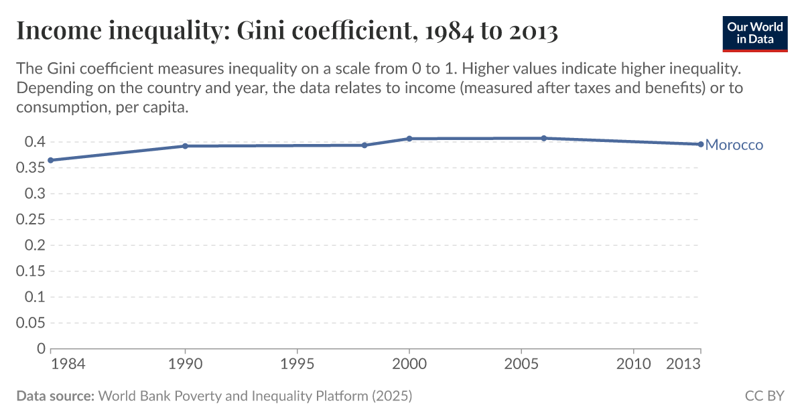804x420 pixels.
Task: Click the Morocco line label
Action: (734, 145)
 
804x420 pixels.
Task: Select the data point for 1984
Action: (51, 160)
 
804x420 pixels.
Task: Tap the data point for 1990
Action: (185, 146)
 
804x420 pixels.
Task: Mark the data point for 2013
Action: (700, 144)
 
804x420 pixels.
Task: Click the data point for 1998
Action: (364, 145)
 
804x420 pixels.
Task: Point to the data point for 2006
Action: (543, 139)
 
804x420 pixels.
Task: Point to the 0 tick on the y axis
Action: (40, 349)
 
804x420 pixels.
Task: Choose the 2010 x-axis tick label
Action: (632, 364)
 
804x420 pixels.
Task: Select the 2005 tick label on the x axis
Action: (521, 364)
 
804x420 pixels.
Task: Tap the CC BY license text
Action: (764, 396)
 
